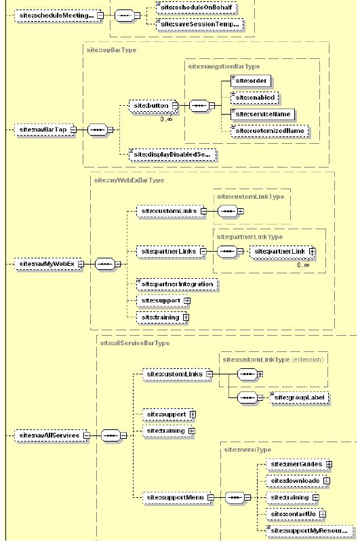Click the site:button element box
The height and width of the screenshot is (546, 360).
(x=150, y=106)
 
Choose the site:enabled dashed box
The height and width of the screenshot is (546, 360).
(x=254, y=98)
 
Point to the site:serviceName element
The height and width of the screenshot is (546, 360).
(x=261, y=114)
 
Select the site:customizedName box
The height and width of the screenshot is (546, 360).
(x=268, y=130)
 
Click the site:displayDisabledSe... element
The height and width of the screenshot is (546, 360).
(x=174, y=155)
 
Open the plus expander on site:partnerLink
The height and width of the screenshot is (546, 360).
(x=313, y=252)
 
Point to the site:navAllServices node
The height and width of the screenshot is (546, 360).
(x=48, y=435)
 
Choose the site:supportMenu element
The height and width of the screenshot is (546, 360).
(x=174, y=497)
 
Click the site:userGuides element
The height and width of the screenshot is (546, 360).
(x=295, y=465)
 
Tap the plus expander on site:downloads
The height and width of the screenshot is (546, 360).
(x=327, y=481)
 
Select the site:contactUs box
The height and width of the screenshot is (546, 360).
(x=292, y=514)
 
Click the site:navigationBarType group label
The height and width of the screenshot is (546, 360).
(x=224, y=66)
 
